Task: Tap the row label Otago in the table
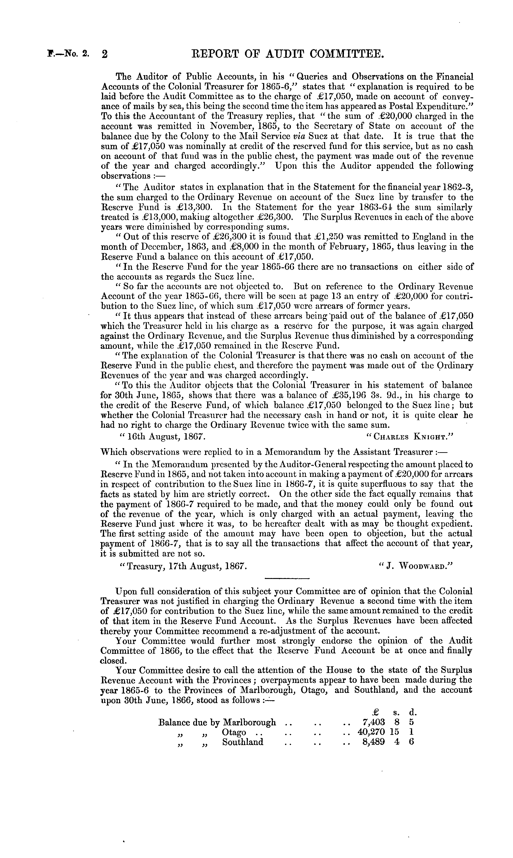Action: pos(234,732)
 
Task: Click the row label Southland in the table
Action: pos(243,742)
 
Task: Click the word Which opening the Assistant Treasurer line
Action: pos(113,452)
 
